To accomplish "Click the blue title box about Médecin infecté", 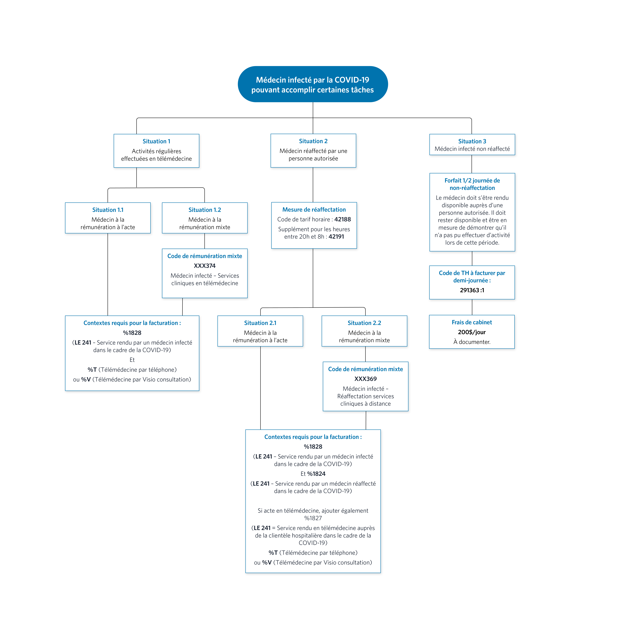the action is [x=313, y=84].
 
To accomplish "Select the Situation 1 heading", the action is [x=156, y=141].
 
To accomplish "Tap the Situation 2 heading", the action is [x=313, y=141].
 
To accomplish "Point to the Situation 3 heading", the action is [x=472, y=141].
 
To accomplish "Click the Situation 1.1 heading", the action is [x=108, y=210].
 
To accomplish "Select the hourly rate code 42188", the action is [x=342, y=219].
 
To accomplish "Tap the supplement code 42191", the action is [x=336, y=237].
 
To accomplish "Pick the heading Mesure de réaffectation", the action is [x=314, y=209].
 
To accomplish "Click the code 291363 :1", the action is [x=472, y=290].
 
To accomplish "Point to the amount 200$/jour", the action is [x=472, y=332].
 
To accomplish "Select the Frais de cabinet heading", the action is [x=472, y=322].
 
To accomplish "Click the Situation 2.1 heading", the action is [x=260, y=323].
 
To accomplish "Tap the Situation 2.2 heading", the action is [x=364, y=323].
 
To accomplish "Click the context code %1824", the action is [x=316, y=474].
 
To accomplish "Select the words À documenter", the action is [x=472, y=342].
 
